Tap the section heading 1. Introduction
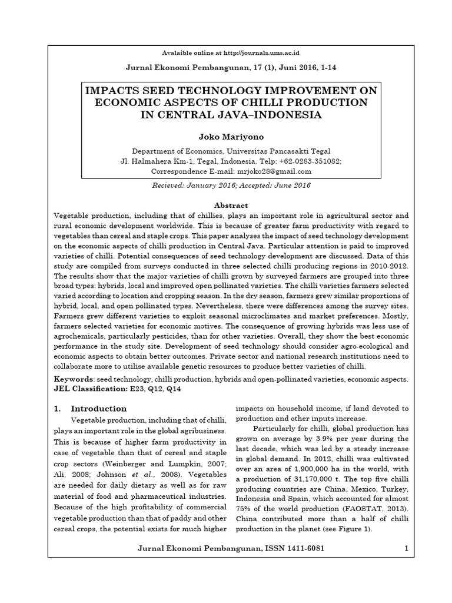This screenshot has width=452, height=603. click(98, 409)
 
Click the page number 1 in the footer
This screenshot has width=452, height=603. click(406, 549)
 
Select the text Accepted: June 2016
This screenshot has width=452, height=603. click(270, 185)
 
